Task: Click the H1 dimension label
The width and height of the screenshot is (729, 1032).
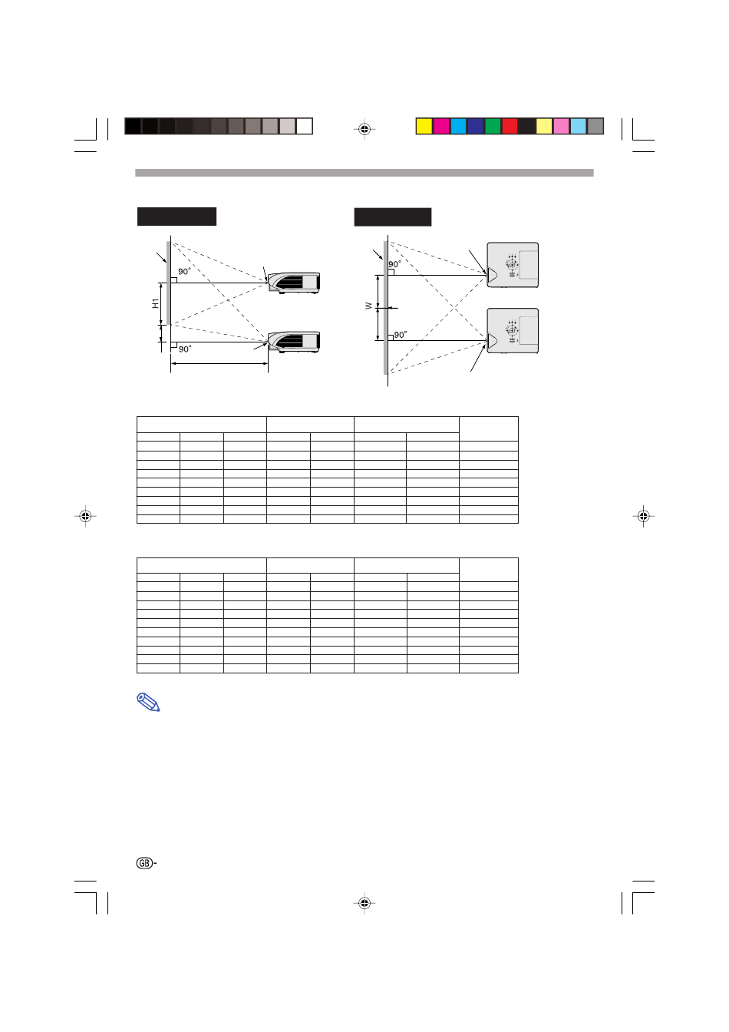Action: (156, 303)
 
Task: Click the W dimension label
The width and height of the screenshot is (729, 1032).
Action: (368, 306)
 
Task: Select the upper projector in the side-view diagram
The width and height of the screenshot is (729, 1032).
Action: (294, 283)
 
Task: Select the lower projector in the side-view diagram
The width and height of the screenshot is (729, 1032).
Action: (294, 342)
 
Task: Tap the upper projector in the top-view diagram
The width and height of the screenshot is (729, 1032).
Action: (512, 265)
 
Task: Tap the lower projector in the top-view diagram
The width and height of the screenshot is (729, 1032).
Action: (512, 331)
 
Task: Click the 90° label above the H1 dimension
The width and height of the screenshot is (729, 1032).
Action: (184, 272)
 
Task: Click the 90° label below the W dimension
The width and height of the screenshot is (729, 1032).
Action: (401, 335)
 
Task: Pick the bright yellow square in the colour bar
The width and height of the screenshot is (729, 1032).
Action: (424, 126)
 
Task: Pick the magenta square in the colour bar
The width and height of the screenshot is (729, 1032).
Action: (441, 126)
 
